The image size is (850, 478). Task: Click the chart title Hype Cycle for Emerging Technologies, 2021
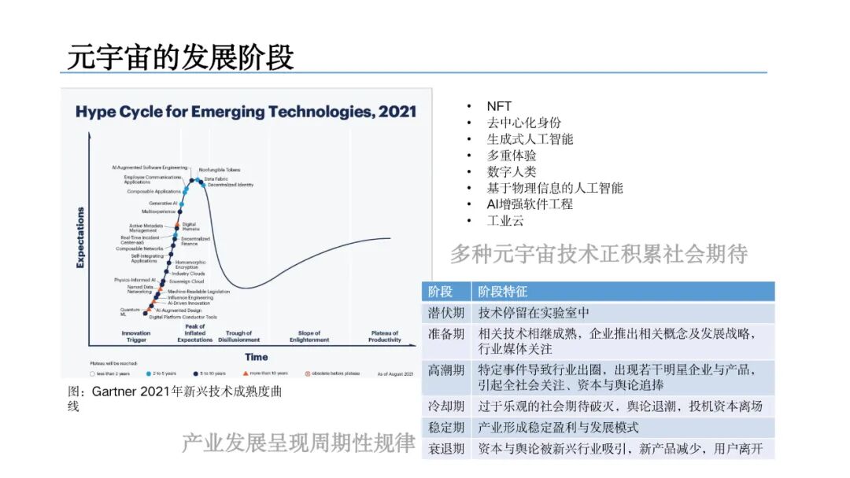246,112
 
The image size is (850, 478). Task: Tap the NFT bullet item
499,106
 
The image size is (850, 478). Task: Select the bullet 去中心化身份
524,123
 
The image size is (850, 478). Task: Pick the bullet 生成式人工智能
530,139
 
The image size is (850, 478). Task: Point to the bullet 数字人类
512,171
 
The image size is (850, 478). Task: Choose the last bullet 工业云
505,221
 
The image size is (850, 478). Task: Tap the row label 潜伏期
446,313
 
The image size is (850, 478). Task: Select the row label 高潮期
446,370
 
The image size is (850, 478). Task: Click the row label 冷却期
446,406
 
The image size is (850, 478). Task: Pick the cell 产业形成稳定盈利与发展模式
559,428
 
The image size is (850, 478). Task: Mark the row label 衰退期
446,449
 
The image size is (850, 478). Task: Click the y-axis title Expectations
80,237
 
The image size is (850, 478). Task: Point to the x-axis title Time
256,357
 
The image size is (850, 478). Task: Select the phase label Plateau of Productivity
385,336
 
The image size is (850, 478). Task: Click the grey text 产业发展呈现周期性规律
298,443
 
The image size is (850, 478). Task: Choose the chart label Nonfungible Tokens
220,170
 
